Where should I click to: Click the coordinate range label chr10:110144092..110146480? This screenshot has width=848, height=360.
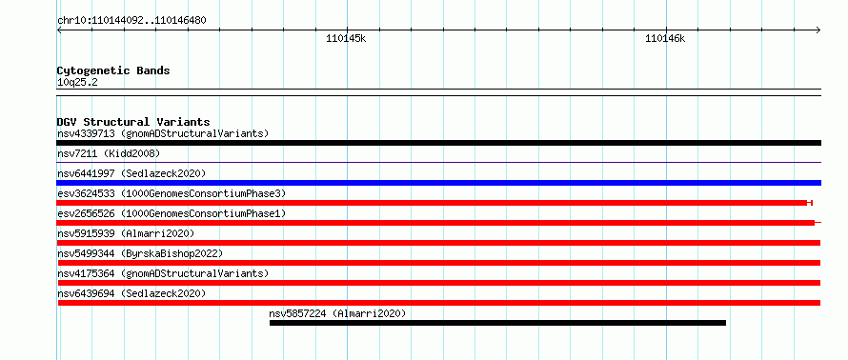click(131, 21)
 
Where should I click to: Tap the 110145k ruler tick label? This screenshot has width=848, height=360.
click(346, 38)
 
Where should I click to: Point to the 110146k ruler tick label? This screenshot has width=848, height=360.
click(665, 38)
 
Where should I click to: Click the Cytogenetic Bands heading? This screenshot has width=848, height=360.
click(113, 70)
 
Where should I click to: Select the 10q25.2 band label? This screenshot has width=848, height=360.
click(77, 83)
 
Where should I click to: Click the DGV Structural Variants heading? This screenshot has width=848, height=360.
click(133, 122)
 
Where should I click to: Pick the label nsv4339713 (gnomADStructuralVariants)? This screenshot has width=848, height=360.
click(163, 133)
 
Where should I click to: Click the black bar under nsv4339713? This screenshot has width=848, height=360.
click(438, 143)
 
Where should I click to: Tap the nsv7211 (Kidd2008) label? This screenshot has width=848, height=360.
click(109, 154)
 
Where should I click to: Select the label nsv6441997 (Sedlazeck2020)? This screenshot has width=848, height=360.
click(131, 173)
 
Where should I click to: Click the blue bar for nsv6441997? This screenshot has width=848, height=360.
click(438, 183)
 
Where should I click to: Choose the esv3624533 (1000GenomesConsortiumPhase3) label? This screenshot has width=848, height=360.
click(172, 193)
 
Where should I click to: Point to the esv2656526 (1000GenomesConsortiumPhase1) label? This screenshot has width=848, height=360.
click(172, 213)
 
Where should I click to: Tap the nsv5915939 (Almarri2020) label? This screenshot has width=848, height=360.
click(126, 233)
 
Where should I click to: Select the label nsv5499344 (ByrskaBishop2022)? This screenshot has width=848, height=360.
click(140, 253)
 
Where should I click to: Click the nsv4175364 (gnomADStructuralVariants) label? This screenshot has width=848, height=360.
click(163, 273)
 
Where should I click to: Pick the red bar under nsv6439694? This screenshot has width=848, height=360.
click(439, 303)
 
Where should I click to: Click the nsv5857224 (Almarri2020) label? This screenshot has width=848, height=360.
click(337, 313)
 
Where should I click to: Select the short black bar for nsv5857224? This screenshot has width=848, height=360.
click(497, 323)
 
